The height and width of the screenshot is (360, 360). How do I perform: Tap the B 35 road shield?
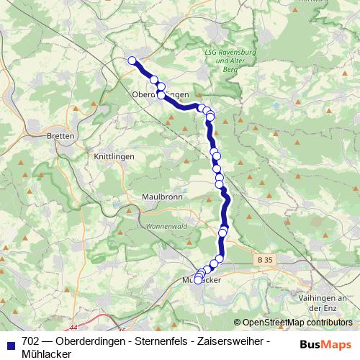[265, 258]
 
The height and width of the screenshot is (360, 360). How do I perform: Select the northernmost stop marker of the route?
[132, 61]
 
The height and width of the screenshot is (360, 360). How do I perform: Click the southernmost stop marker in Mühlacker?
[198, 280]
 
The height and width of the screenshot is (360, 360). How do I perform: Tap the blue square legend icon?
[10, 341]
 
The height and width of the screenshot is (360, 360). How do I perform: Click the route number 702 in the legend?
[31, 341]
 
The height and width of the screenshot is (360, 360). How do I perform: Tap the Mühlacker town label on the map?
[202, 279]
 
